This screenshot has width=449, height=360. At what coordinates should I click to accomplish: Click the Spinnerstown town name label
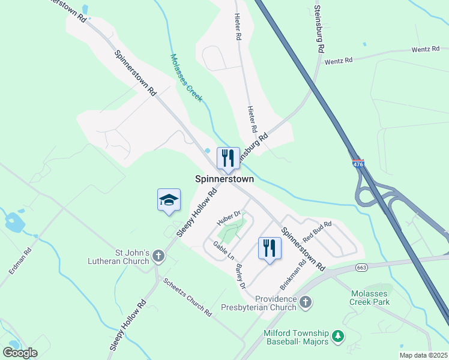pyautogui.click(x=224, y=179)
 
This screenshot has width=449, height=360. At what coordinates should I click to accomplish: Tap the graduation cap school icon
pyautogui.click(x=169, y=200)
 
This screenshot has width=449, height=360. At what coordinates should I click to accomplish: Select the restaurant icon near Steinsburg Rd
pyautogui.click(x=228, y=158)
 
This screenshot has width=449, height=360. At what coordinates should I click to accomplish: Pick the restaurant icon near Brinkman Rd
pyautogui.click(x=270, y=248)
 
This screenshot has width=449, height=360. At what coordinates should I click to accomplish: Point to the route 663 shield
pyautogui.click(x=361, y=267)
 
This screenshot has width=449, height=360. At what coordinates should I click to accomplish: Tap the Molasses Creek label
pyautogui.click(x=186, y=78)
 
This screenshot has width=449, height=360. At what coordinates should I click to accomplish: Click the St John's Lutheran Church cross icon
pyautogui.click(x=158, y=257)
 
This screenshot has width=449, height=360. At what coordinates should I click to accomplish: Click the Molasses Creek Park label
pyautogui.click(x=370, y=298)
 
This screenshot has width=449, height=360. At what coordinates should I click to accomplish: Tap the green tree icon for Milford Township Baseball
pyautogui.click(x=339, y=337)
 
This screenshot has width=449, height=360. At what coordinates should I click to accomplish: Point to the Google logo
pyautogui.click(x=20, y=352)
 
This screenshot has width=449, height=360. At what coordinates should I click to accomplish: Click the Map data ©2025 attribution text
pyautogui.click(x=423, y=355)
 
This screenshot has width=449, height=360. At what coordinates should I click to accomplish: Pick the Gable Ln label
pyautogui.click(x=224, y=251)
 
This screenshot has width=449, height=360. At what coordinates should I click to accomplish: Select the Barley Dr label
pyautogui.click(x=241, y=277)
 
